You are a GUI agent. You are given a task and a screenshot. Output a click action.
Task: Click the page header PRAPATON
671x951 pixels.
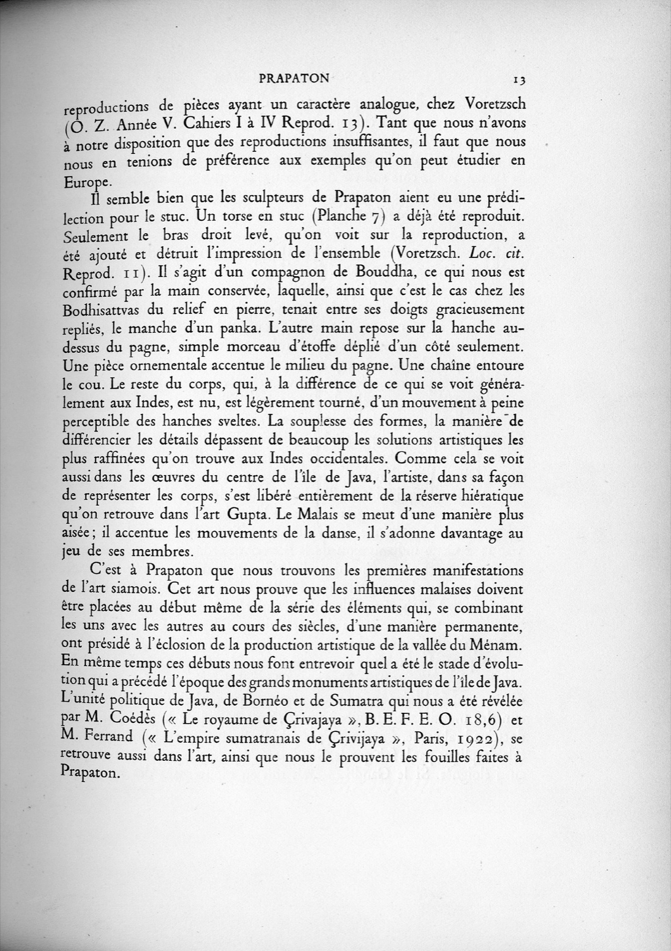pos(294,78)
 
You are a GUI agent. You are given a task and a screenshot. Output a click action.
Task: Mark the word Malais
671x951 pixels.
pos(327,515)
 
